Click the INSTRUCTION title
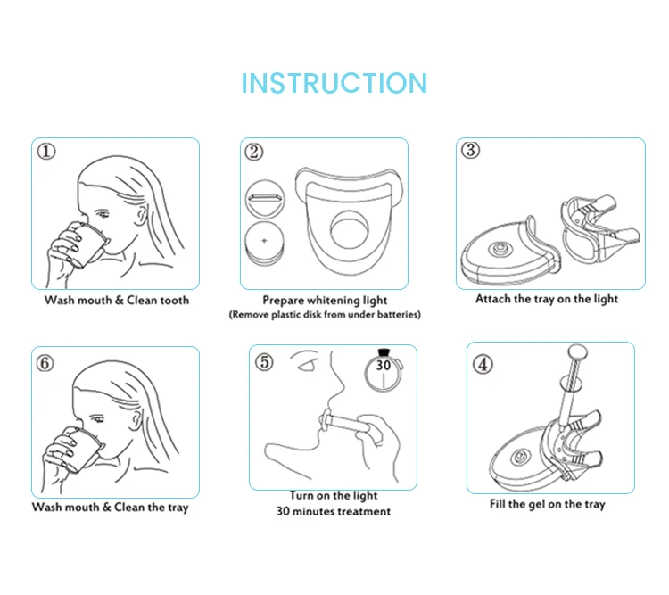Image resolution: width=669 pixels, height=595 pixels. [x=334, y=83]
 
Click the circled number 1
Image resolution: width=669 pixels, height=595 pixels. [x=46, y=153]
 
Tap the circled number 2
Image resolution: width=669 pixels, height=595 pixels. [x=255, y=152]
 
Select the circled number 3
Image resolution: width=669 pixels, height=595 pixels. [x=471, y=150]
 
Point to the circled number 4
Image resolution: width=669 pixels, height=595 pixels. [x=482, y=363]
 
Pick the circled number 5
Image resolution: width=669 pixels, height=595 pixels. [x=264, y=361]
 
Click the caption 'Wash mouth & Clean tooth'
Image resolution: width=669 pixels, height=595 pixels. [x=117, y=301]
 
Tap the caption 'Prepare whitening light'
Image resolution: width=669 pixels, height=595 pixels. [x=325, y=301]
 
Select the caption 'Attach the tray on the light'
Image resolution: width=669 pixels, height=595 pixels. [x=547, y=299]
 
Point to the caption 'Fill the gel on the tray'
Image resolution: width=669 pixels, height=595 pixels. [x=547, y=505]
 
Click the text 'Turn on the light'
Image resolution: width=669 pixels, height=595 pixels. [x=334, y=496]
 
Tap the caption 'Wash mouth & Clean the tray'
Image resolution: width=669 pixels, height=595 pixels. [x=111, y=508]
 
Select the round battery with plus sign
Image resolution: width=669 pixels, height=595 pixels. [x=263, y=241]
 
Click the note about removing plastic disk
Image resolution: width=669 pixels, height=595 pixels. [x=325, y=315]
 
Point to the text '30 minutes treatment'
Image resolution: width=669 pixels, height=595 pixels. [x=334, y=512]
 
